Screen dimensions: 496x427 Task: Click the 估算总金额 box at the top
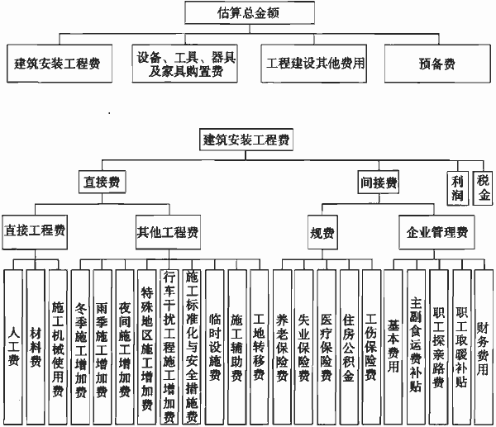click(x=250, y=12)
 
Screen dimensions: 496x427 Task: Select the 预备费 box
click(x=437, y=64)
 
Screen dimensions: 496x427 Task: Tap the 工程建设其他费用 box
click(x=314, y=64)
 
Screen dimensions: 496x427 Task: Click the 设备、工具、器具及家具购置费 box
click(x=185, y=64)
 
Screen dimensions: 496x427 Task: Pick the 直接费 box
click(x=103, y=182)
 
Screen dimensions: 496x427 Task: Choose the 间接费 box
click(x=379, y=182)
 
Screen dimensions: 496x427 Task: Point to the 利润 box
click(x=458, y=188)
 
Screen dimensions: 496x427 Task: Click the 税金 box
click(x=483, y=188)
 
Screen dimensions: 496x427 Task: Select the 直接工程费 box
click(x=35, y=232)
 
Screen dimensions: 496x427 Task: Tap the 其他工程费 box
click(x=169, y=232)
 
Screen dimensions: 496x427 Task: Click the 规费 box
click(x=322, y=233)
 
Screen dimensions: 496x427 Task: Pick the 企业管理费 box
click(x=436, y=232)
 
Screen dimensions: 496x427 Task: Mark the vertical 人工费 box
click(x=13, y=347)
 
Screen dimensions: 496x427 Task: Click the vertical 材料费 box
click(x=36, y=347)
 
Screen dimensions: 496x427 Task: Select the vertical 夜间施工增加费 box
click(x=124, y=347)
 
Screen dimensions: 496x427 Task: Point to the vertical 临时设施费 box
click(x=215, y=347)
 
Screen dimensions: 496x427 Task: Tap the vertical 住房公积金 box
click(x=349, y=347)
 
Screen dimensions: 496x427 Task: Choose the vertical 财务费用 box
click(x=484, y=347)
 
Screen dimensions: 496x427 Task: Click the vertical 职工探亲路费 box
click(x=439, y=347)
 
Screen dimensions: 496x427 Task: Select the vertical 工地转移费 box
click(x=260, y=347)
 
